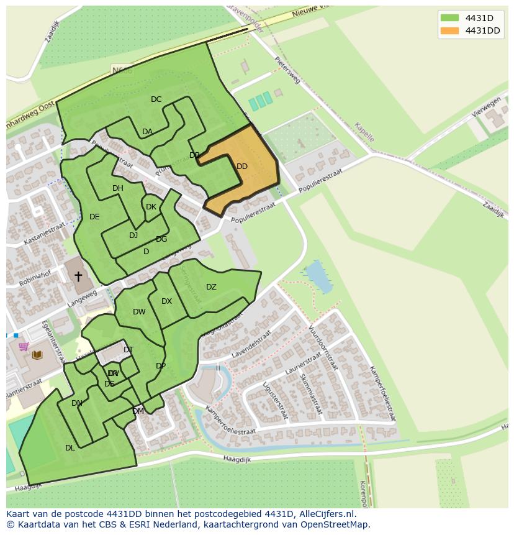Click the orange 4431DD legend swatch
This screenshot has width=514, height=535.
[x=449, y=31]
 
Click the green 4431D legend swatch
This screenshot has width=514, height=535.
[x=449, y=17]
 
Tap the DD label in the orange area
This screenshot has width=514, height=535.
[x=242, y=167]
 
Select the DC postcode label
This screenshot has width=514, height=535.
[x=156, y=99]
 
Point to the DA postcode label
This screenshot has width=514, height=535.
[x=147, y=132]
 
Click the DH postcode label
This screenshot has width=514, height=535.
[x=118, y=188]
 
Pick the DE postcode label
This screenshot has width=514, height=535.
[x=94, y=217]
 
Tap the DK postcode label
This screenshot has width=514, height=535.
[x=151, y=207]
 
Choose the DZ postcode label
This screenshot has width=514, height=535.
[x=211, y=287]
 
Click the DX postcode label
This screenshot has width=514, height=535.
[x=166, y=301]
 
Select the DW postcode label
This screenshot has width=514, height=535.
[x=139, y=312]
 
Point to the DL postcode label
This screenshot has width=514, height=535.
[x=70, y=447]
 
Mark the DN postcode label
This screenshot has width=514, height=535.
[x=77, y=403]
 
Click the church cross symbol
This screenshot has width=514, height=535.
[x=78, y=276]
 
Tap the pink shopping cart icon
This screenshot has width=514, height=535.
[x=24, y=346]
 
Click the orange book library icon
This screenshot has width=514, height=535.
[x=37, y=355]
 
